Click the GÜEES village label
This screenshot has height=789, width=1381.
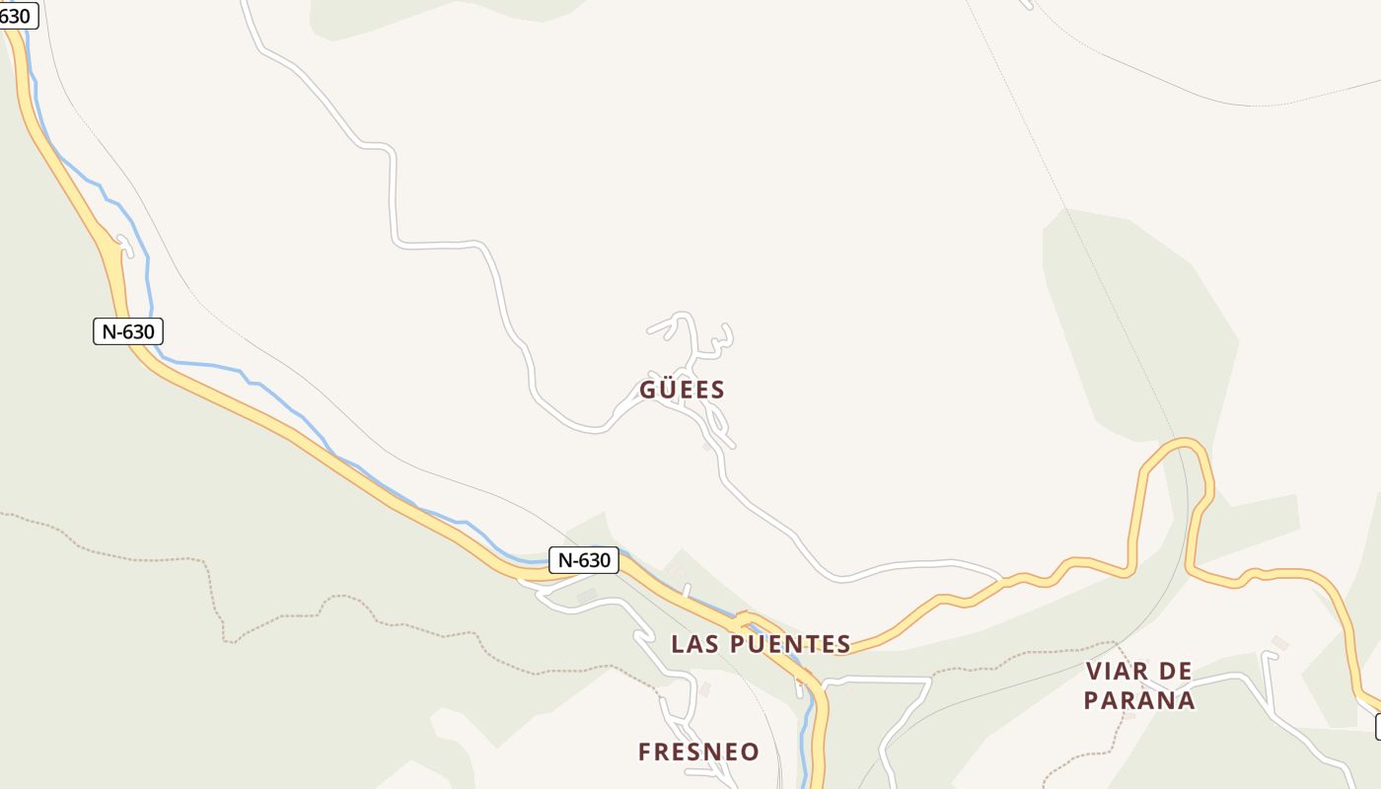tap(682, 390)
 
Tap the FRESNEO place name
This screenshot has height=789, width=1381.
tap(698, 753)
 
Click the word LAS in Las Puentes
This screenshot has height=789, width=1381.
tap(695, 645)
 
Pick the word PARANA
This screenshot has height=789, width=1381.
tap(1139, 701)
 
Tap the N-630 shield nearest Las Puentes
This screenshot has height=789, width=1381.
tap(583, 560)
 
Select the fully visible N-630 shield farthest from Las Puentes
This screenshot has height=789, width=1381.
tap(128, 331)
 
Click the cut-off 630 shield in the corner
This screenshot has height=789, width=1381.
tap(17, 16)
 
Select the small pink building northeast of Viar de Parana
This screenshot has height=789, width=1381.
tap(1279, 643)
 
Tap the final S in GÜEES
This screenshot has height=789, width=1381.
tap(718, 390)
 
